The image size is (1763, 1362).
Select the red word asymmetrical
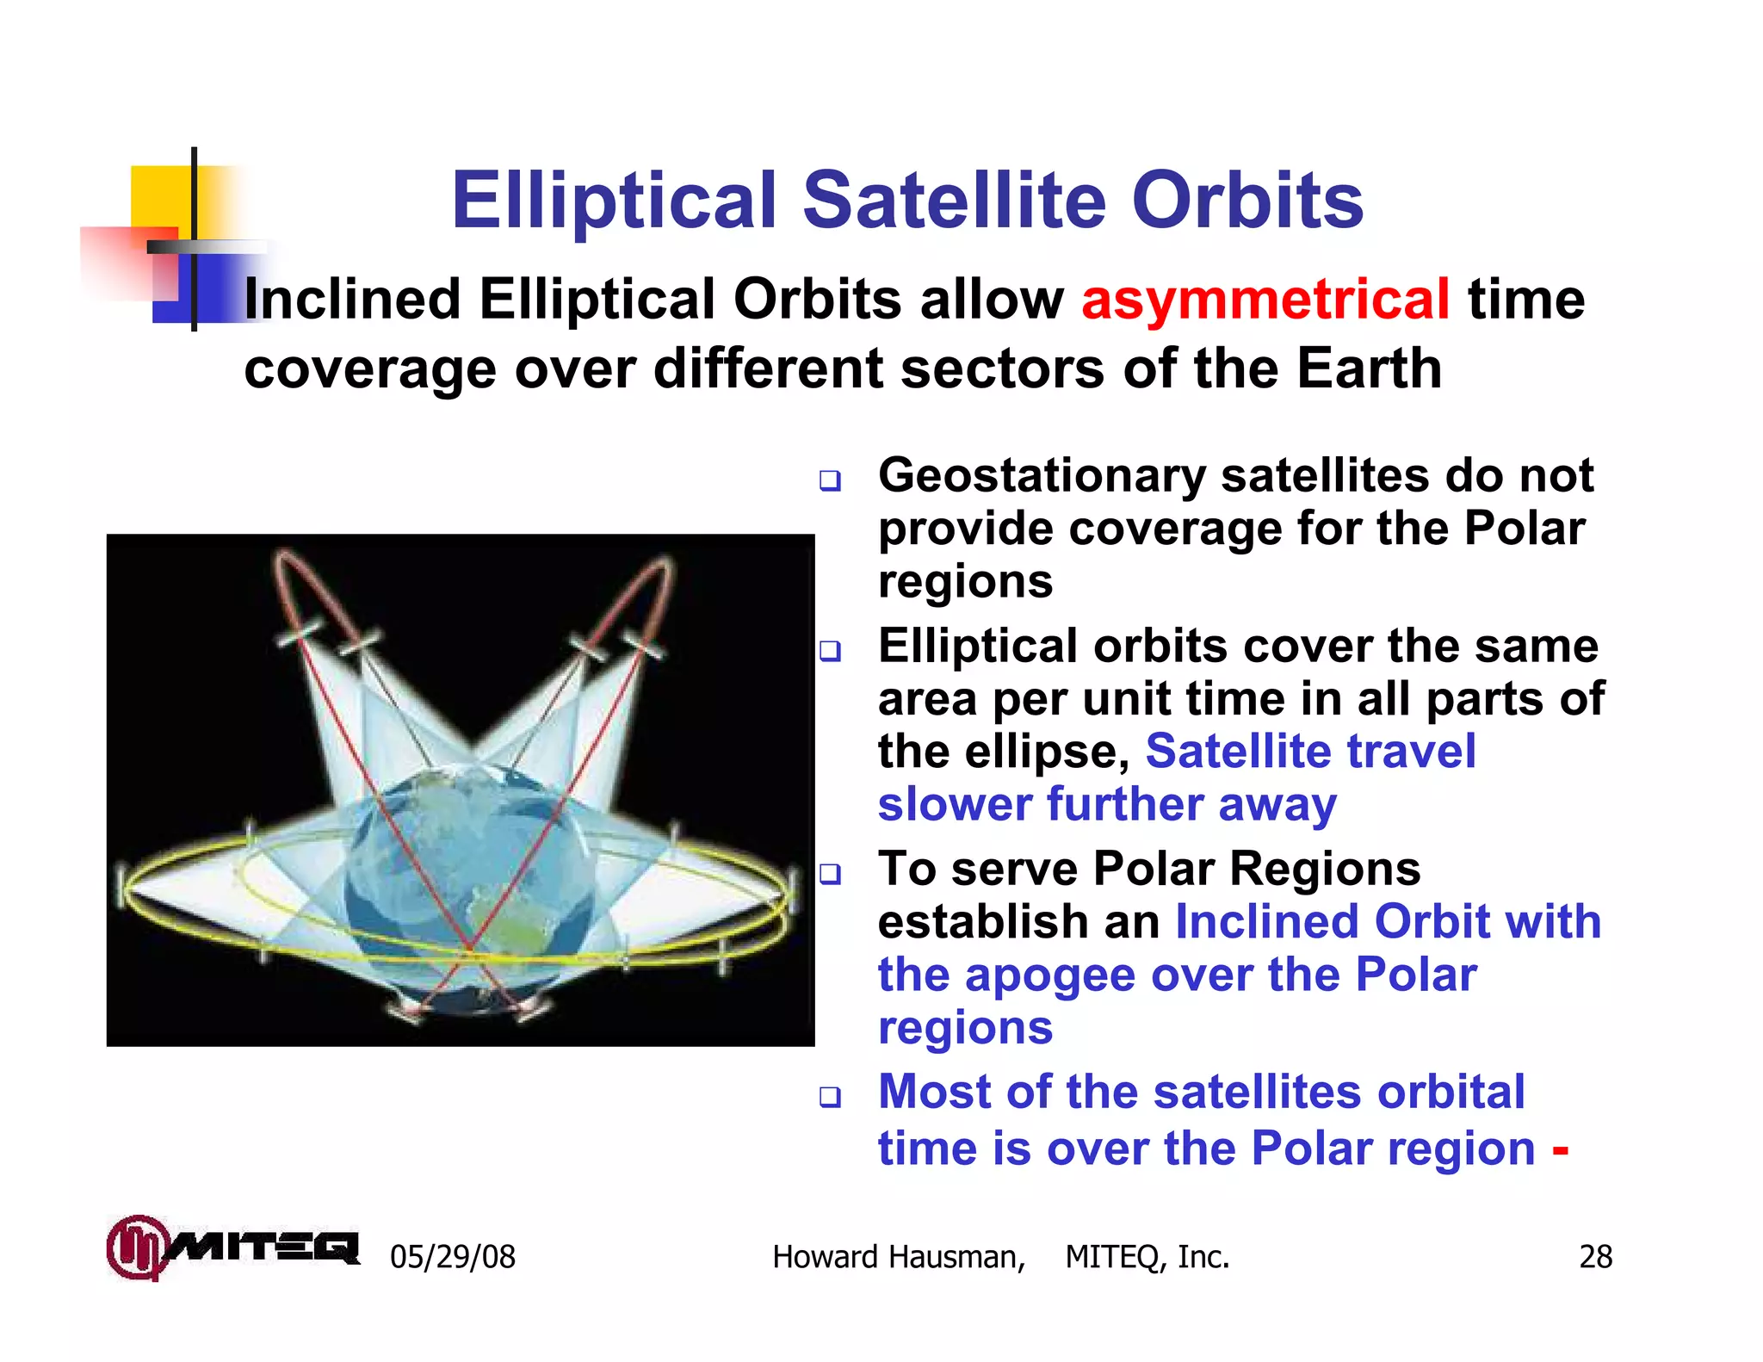click(x=1265, y=300)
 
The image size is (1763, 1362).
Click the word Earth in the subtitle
click(x=1369, y=368)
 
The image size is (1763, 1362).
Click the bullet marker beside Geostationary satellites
click(x=830, y=480)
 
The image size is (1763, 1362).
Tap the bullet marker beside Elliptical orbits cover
click(x=830, y=651)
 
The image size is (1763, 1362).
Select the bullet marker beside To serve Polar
click(x=830, y=875)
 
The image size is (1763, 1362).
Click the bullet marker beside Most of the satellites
click(x=830, y=1097)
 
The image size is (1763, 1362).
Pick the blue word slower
click(x=955, y=804)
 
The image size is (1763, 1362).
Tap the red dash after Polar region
click(x=1560, y=1150)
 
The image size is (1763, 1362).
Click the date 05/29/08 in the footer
click(x=453, y=1257)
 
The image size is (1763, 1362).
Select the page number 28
click(x=1595, y=1257)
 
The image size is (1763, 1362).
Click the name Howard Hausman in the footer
click(x=898, y=1257)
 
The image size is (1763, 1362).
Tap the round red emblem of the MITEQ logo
click(x=135, y=1247)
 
